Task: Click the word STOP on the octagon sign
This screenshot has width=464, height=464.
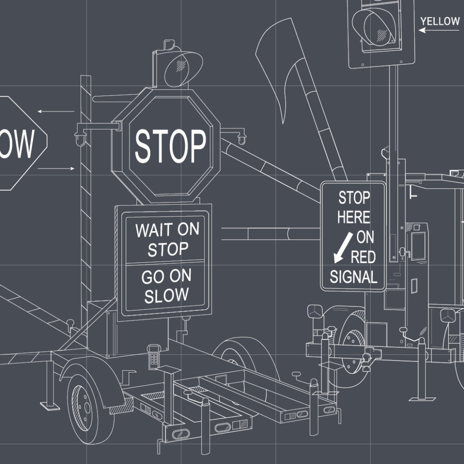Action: [170, 145]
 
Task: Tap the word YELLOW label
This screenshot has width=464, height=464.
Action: [440, 21]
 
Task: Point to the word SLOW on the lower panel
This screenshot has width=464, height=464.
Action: [166, 295]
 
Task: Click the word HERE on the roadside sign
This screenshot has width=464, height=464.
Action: [353, 217]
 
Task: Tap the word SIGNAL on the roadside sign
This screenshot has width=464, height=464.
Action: [353, 276]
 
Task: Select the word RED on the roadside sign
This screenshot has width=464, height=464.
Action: [363, 257]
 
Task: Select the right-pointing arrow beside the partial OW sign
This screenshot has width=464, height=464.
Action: [56, 169]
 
